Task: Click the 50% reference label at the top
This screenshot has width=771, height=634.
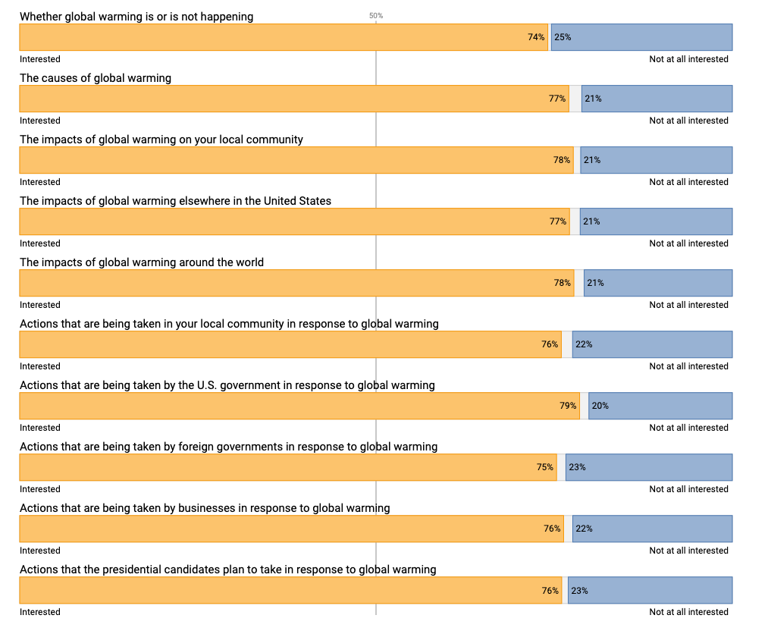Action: click(x=376, y=15)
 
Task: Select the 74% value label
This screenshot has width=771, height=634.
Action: click(x=536, y=37)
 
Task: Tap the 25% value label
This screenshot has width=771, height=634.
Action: click(x=563, y=37)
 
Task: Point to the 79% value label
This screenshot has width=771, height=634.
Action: click(x=568, y=406)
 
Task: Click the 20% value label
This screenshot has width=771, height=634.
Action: click(x=600, y=406)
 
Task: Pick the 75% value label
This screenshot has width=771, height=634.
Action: click(x=545, y=467)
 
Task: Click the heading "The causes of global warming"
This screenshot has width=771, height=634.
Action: click(x=96, y=78)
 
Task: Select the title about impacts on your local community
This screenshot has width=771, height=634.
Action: click(x=161, y=140)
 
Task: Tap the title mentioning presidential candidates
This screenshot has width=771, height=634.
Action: click(x=228, y=570)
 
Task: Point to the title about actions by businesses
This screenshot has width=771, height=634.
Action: click(x=205, y=508)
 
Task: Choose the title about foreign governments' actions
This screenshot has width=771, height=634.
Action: click(x=228, y=447)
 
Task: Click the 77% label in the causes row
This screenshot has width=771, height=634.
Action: click(x=557, y=99)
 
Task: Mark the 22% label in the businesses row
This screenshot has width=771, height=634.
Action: click(x=584, y=529)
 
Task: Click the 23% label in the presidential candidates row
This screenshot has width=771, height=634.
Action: click(x=579, y=590)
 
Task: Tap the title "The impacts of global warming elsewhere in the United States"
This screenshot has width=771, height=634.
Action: click(x=175, y=201)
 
